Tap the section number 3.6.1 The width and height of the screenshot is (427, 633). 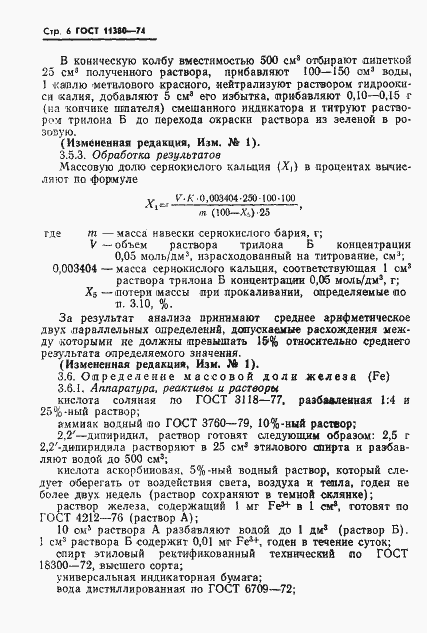coord(71,387)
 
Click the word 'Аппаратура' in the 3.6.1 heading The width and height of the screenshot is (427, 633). coord(125,387)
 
